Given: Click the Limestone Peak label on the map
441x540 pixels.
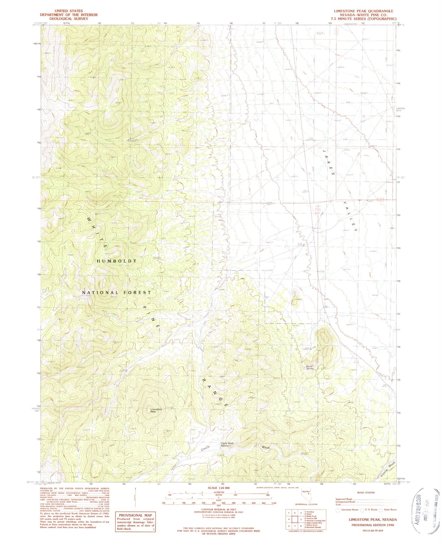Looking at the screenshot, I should click(x=156, y=411).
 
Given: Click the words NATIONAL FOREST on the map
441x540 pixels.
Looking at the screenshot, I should click(x=117, y=293).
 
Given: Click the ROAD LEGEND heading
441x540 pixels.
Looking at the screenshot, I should click(x=366, y=492).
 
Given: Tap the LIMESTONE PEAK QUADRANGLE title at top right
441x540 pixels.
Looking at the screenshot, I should click(x=363, y=11).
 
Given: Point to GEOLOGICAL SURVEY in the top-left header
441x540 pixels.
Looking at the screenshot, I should click(x=69, y=19).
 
